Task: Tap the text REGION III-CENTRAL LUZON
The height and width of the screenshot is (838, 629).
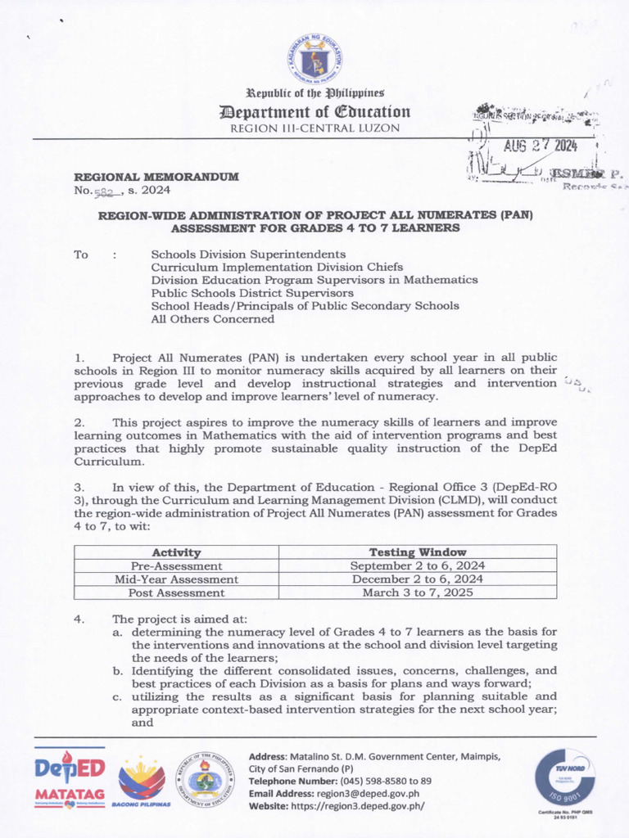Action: [x=314, y=128]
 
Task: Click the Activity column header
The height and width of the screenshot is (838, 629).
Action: [x=176, y=552]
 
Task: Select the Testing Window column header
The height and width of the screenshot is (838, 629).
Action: [x=418, y=552]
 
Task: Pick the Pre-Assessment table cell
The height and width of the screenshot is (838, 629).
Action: [x=176, y=565]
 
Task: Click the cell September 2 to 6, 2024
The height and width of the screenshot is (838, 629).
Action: [x=418, y=565]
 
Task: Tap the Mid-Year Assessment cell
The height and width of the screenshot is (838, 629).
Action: [x=176, y=579]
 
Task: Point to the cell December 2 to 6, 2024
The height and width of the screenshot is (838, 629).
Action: [x=418, y=579]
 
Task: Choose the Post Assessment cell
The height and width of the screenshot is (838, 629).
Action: [x=176, y=592]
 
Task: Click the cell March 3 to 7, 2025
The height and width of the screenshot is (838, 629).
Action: [x=418, y=592]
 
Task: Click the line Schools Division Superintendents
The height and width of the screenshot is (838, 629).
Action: [x=248, y=255]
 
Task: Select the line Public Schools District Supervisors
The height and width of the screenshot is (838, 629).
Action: [x=252, y=293]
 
